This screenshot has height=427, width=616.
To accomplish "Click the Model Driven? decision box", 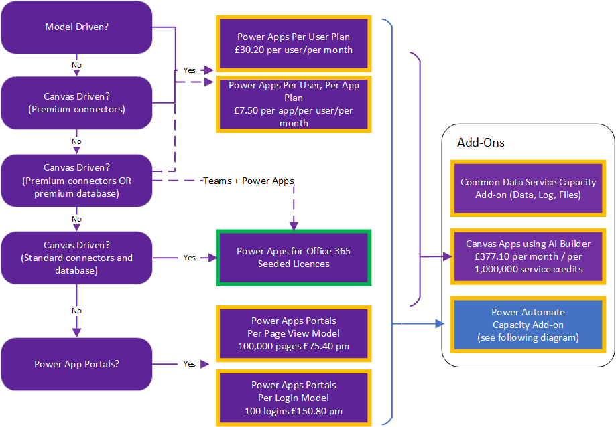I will click(76, 27).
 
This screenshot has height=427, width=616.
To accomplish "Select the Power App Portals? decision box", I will click(76, 364).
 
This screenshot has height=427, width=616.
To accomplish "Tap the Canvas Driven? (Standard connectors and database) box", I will click(76, 258).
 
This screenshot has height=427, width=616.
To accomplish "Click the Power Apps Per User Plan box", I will click(294, 44).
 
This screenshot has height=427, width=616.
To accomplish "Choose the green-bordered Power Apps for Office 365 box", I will click(294, 258).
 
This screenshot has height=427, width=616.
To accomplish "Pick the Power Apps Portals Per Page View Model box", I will click(294, 334).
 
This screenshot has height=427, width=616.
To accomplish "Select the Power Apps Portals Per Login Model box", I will click(294, 398).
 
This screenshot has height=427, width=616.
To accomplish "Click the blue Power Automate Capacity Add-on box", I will click(518, 325).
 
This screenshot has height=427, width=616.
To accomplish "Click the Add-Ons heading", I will click(481, 143).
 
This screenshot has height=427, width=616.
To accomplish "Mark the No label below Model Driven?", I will click(76, 65).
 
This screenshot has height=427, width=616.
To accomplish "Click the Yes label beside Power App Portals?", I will click(190, 364).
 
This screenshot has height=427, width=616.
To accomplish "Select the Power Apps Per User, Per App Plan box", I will click(294, 104).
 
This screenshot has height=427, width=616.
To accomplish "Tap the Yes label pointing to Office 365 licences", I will click(190, 258).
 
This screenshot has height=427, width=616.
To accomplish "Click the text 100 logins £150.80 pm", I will click(294, 410).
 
